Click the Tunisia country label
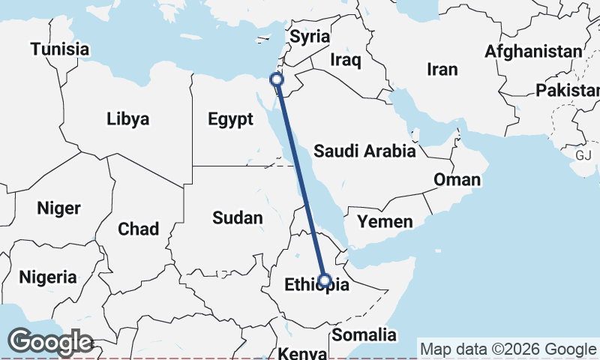point(59,49)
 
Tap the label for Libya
point(127,118)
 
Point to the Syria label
point(310,36)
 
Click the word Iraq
point(346,58)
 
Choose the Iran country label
point(442,69)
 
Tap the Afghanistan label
point(533,51)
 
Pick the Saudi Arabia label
point(364,151)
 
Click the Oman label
point(457,180)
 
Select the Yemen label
point(385,221)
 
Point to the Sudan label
point(237,218)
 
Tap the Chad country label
point(138,228)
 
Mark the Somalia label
point(364,334)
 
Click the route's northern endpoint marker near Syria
point(277,79)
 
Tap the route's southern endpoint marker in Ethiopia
point(325,280)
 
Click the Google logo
point(50,341)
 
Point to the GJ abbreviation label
point(584,154)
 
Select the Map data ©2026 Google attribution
point(508,349)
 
